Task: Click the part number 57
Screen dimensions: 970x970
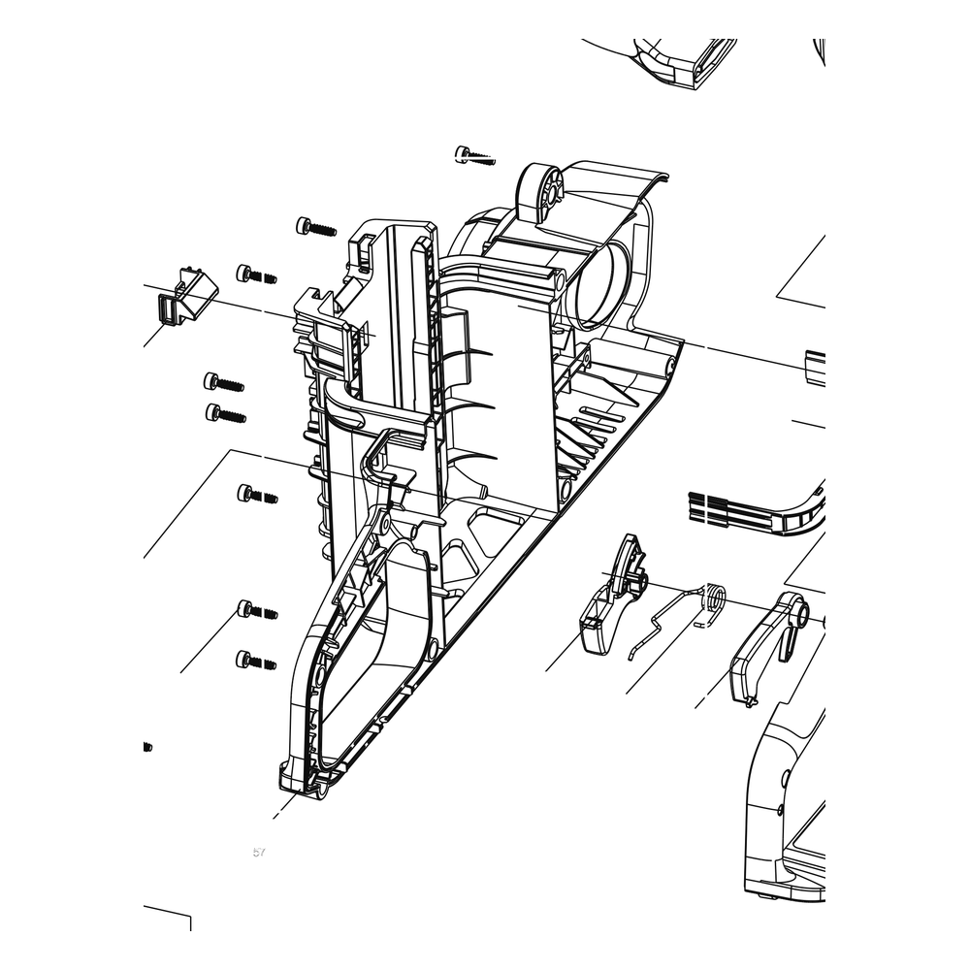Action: pos(259,852)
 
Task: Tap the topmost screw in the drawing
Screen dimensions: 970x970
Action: pos(474,154)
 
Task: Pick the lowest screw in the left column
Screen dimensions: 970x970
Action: pos(256,660)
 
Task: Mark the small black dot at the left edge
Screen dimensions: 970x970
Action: pos(147,747)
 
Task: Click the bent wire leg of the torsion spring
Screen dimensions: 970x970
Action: pos(661,624)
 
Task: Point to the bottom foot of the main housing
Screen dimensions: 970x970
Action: pos(307,780)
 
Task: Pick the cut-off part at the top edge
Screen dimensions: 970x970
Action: pos(686,64)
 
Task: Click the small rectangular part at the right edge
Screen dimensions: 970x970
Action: pos(816,369)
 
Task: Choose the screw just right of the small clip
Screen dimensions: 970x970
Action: pos(256,275)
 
